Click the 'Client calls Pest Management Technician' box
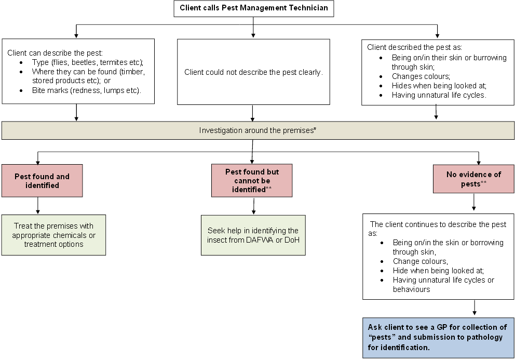pyautogui.click(x=253, y=8)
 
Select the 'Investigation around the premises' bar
pyautogui.click(x=257, y=130)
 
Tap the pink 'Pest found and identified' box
pyautogui.click(x=42, y=181)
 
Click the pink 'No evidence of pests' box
pyautogui.click(x=473, y=179)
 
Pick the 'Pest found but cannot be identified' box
pyautogui.click(x=252, y=180)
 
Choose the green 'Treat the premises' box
pyautogui.click(x=53, y=235)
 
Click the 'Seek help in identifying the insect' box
pyautogui.click(x=253, y=235)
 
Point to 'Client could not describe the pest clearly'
pyautogui.click(x=253, y=72)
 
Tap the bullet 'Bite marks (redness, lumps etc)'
pyautogui.click(x=86, y=90)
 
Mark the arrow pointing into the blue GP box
pyautogui.click(x=474, y=309)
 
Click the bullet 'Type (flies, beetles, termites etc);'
pyautogui.click(x=87, y=62)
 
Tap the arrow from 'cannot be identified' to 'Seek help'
pyautogui.click(x=253, y=206)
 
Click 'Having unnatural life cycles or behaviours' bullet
pyautogui.click(x=443, y=284)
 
